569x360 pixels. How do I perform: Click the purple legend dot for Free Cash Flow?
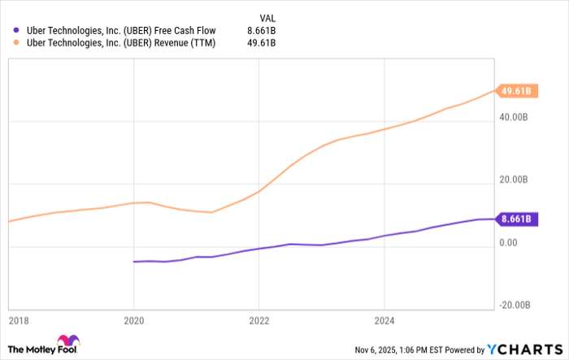pyautogui.click(x=16, y=31)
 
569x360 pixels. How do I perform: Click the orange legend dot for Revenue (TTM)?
pyautogui.click(x=16, y=43)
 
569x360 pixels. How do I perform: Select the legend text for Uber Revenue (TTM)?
pyautogui.click(x=121, y=43)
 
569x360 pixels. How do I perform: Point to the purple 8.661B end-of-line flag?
pyautogui.click(x=515, y=219)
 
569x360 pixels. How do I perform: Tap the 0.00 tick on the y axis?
pyautogui.click(x=509, y=242)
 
